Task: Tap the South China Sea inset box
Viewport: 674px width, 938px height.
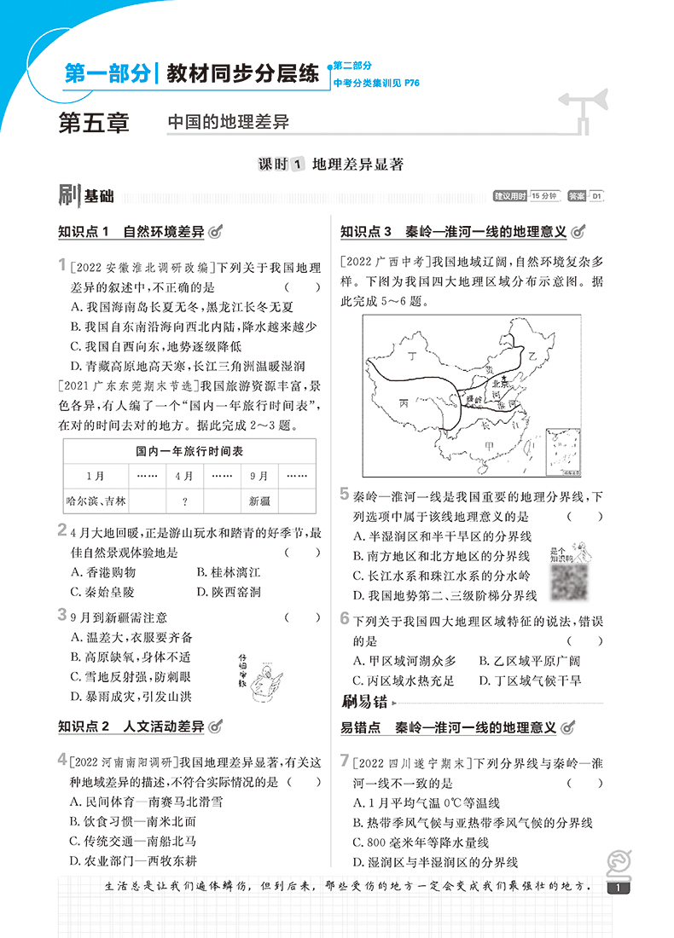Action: tap(564, 451)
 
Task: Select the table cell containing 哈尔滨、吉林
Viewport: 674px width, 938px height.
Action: tap(96, 501)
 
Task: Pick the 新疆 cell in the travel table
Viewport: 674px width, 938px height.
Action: tap(259, 501)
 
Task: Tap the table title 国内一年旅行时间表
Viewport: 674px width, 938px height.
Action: tap(189, 451)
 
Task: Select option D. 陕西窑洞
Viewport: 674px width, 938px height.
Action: tap(227, 592)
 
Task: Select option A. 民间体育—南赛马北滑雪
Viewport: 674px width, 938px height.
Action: tap(136, 802)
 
